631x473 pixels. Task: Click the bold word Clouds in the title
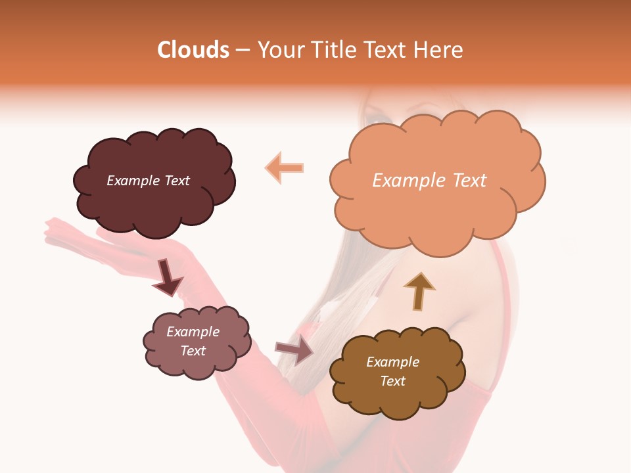[194, 50]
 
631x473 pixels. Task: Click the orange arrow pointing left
[285, 168]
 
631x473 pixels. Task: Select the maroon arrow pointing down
[168, 277]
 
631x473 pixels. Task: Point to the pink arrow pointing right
[294, 349]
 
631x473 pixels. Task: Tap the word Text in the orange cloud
[465, 181]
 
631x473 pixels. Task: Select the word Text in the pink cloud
[193, 351]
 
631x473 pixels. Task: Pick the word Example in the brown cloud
[392, 362]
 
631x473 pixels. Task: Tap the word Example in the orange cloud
[406, 181]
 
